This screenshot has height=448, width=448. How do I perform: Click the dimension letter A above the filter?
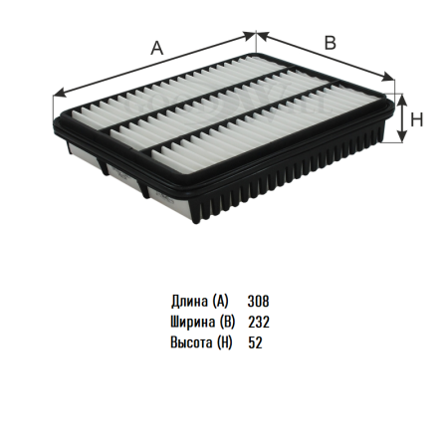point(157,48)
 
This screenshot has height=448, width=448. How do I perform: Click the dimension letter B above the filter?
point(331,43)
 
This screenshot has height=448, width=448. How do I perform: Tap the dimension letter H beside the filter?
point(417,119)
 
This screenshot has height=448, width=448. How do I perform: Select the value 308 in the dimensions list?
point(258,301)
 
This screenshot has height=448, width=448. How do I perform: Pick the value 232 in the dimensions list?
point(259,322)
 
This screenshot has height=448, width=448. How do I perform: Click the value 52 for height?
point(255,342)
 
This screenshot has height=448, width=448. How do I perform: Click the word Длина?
point(189,302)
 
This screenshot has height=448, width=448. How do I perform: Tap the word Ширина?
point(192,322)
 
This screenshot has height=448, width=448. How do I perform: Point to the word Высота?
point(191,342)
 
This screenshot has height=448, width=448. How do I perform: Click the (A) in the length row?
point(220,302)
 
